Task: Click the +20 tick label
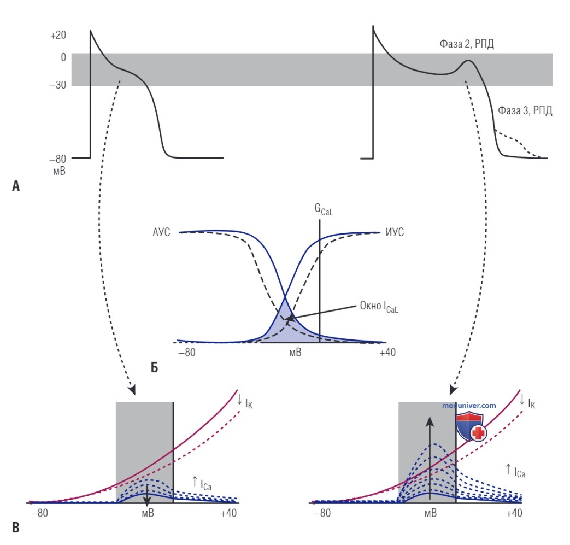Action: [x=58, y=36]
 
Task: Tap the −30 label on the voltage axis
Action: [x=58, y=85]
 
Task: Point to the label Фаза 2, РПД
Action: [x=467, y=44]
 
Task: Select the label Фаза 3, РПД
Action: [x=525, y=110]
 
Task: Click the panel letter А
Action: [x=16, y=186]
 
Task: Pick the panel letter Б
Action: [x=155, y=368]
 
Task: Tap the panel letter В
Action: [x=16, y=528]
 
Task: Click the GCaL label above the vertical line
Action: [x=324, y=210]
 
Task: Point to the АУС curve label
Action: [x=161, y=232]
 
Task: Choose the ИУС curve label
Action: [x=395, y=232]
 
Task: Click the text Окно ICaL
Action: [x=379, y=307]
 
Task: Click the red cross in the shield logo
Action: [x=479, y=433]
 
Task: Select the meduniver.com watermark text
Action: [x=469, y=406]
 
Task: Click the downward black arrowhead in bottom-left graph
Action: [x=147, y=502]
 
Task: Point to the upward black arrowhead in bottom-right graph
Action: [x=430, y=421]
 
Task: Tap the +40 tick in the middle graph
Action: [x=387, y=353]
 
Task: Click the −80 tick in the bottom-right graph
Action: [x=322, y=513]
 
